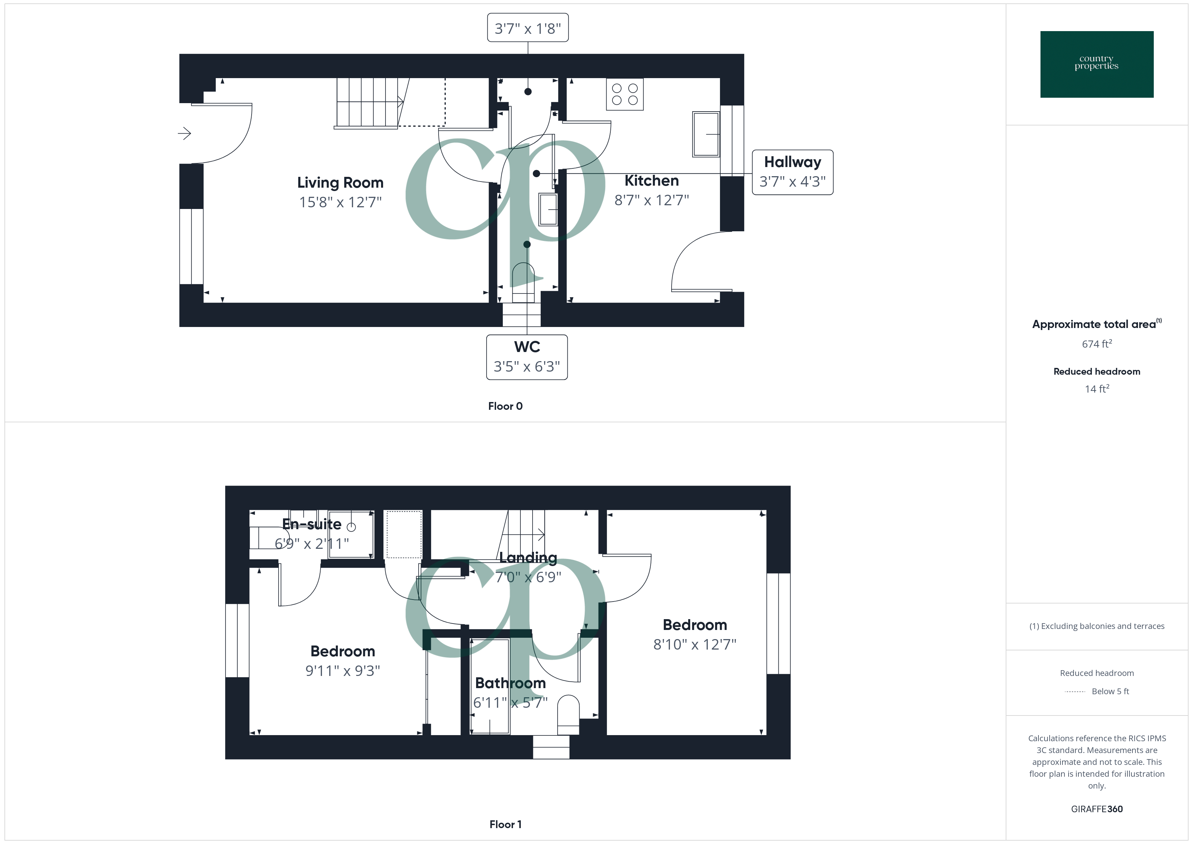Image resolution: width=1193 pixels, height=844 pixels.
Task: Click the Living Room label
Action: click(340, 183)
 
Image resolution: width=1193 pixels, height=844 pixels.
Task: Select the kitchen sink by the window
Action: click(706, 134)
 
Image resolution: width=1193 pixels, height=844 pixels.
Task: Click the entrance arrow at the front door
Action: click(184, 134)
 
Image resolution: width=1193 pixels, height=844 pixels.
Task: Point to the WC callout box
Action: click(527, 357)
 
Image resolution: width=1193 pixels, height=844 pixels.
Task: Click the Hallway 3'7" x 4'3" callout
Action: click(792, 172)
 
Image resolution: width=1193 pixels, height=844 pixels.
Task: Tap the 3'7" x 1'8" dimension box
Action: click(528, 28)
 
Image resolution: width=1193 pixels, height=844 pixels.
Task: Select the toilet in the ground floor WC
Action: click(523, 281)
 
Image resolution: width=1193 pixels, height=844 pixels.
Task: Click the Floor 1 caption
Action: click(505, 824)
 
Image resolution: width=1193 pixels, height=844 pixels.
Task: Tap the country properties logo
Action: click(1096, 65)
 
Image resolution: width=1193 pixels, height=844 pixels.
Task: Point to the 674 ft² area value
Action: click(1096, 344)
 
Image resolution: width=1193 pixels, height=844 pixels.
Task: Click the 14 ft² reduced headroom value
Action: click(1096, 389)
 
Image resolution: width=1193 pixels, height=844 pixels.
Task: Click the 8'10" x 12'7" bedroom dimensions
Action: click(695, 644)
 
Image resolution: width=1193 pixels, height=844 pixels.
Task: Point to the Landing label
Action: click(528, 558)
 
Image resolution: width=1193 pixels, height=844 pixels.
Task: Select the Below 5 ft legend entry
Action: click(1110, 691)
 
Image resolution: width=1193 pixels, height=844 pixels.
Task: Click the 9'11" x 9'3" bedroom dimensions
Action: click(343, 671)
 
